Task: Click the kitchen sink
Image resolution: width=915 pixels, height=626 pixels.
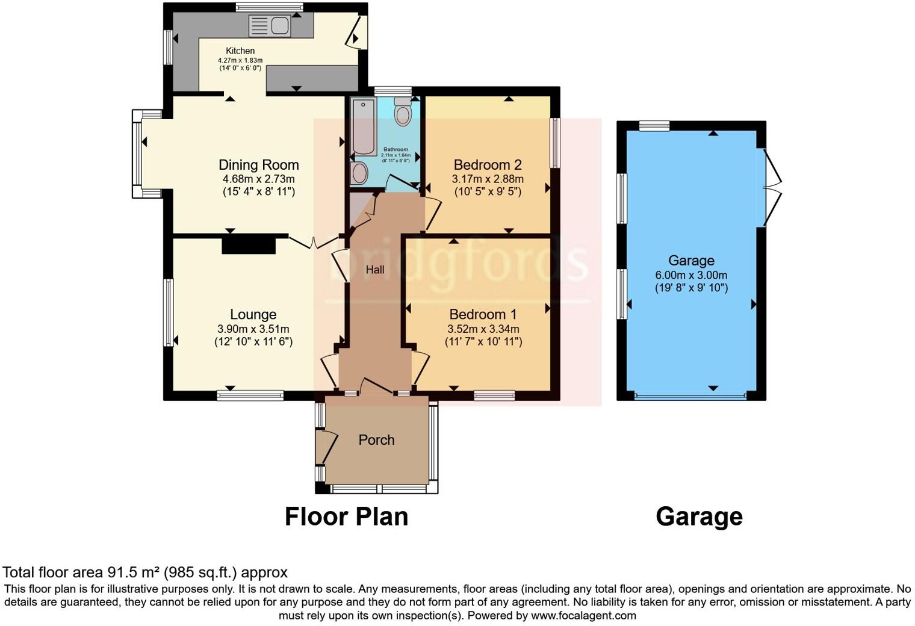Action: tap(270, 26)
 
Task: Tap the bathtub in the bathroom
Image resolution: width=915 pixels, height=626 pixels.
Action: tap(363, 128)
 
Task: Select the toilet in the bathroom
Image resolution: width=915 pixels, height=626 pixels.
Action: tap(403, 112)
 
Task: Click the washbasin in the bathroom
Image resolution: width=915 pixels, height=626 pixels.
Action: tap(359, 173)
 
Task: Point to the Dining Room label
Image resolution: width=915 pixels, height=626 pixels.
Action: tap(258, 165)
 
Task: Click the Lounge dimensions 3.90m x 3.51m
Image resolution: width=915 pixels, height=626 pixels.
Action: tap(253, 329)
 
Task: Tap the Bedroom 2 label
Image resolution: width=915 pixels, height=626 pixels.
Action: tap(487, 165)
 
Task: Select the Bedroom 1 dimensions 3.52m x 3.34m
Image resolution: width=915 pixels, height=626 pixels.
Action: tap(483, 329)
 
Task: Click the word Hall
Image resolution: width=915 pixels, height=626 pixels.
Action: tap(375, 270)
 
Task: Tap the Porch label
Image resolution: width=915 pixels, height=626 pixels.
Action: tap(376, 440)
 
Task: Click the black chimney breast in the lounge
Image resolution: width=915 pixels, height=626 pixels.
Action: tap(249, 245)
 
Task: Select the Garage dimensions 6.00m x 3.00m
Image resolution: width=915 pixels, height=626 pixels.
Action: tap(691, 275)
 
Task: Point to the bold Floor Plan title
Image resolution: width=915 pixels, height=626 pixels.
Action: tap(346, 516)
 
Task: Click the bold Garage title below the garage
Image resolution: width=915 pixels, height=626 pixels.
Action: tap(698, 516)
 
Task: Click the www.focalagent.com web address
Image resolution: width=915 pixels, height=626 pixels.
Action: tap(583, 615)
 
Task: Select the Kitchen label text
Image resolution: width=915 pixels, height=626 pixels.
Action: tap(240, 51)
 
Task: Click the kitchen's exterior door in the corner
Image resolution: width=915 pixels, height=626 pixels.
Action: tap(356, 32)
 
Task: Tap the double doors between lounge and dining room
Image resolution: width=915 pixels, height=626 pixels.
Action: tap(312, 243)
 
